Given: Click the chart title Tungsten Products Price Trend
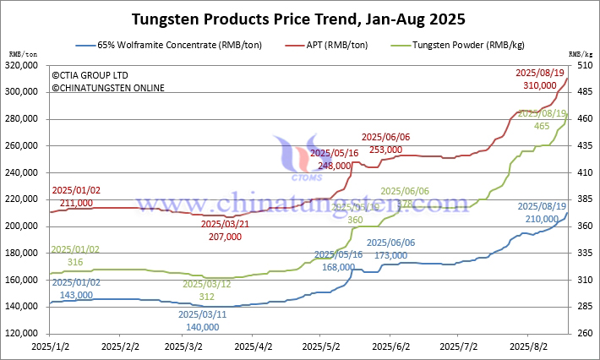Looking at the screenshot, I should click(x=299, y=18).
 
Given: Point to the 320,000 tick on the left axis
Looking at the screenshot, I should click(x=23, y=65).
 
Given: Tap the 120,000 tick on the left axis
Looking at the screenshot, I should click(x=23, y=334).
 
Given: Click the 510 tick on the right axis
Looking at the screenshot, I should click(x=583, y=65).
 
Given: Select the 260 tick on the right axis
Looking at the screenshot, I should click(x=583, y=334).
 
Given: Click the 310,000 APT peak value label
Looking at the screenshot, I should click(x=540, y=85).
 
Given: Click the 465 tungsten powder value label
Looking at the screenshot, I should click(x=542, y=126).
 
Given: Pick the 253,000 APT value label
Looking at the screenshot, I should click(x=385, y=150).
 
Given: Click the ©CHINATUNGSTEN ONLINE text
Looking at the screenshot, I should click(x=107, y=88).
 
